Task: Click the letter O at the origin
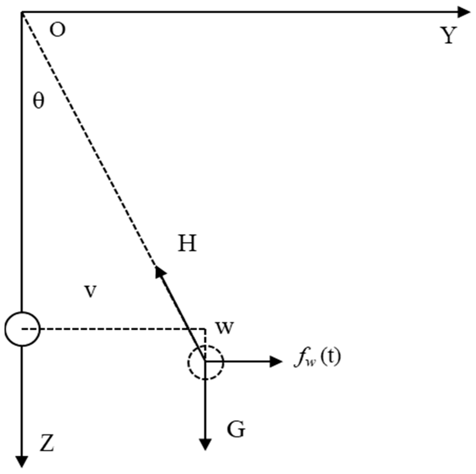(57, 30)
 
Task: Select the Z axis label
(47, 443)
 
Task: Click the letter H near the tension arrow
(187, 243)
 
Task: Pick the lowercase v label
(90, 291)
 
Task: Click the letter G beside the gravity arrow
(236, 429)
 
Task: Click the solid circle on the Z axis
(22, 329)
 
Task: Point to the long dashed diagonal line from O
(89, 139)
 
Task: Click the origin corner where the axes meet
(22, 12)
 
